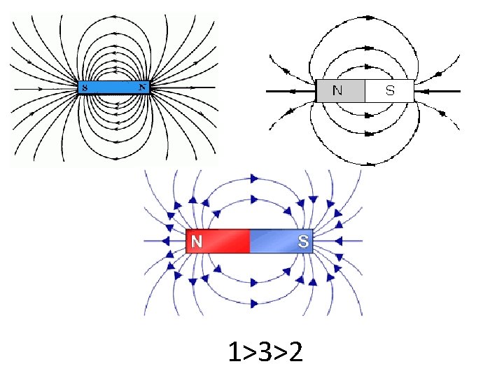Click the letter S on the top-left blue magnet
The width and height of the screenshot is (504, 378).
pyautogui.click(x=85, y=88)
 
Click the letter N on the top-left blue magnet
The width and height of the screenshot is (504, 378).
pyautogui.click(x=142, y=87)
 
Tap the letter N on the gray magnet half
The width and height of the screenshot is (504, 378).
pyautogui.click(x=338, y=90)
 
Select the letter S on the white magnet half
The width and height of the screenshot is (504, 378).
pyautogui.click(x=390, y=90)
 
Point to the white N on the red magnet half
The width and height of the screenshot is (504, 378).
pyautogui.click(x=197, y=241)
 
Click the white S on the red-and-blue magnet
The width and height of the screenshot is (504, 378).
pyautogui.click(x=303, y=241)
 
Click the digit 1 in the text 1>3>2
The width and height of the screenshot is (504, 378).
pyautogui.click(x=234, y=353)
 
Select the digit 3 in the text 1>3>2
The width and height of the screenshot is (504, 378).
pyautogui.click(x=266, y=353)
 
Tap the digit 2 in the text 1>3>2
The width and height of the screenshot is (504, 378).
pyautogui.click(x=295, y=353)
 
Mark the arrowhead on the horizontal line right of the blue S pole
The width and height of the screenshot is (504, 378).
pyautogui.click(x=338, y=241)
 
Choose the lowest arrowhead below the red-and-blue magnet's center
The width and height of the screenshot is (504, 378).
pyautogui.click(x=252, y=304)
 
